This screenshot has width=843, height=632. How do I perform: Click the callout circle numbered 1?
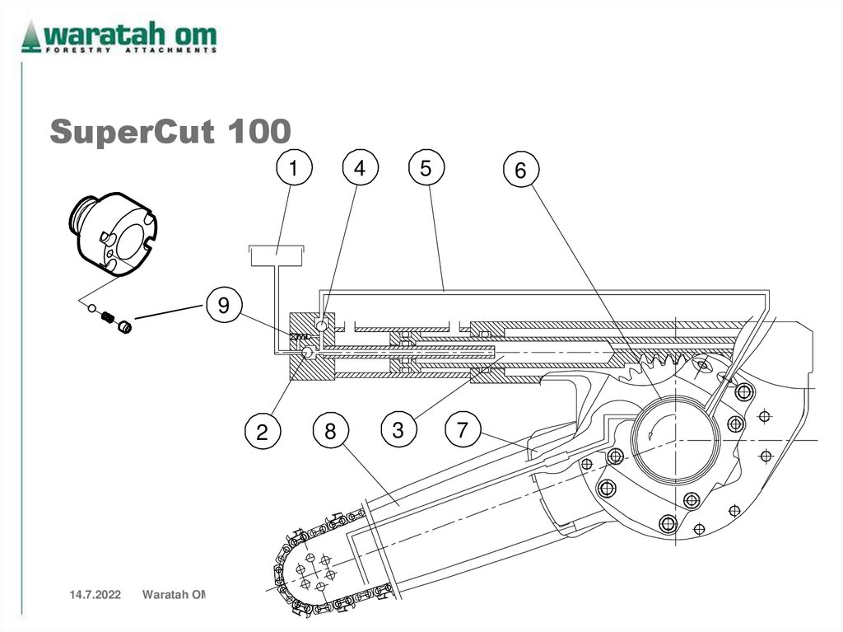click(293, 169)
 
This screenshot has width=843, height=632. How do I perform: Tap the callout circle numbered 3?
click(398, 430)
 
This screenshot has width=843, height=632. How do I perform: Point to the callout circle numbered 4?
click(359, 169)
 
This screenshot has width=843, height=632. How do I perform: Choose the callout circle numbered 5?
click(425, 169)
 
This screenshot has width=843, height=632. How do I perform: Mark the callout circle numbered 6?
click(520, 171)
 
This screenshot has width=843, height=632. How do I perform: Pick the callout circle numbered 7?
click(463, 430)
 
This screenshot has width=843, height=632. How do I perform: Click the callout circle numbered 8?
click(330, 432)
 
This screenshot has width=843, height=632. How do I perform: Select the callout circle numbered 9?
click(222, 306)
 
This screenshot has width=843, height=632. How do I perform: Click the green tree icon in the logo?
click(31, 36)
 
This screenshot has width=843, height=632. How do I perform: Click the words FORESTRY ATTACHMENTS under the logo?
click(131, 50)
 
